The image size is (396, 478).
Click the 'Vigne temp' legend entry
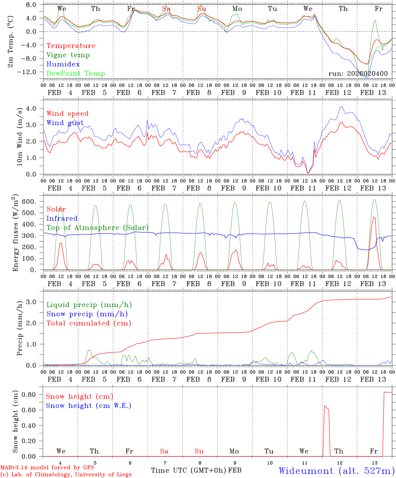click(68, 55)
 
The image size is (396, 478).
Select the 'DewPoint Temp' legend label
click(76, 74)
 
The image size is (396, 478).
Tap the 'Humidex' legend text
click(63, 64)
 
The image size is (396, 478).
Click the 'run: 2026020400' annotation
click(358, 74)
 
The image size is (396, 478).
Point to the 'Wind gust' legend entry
click(65, 123)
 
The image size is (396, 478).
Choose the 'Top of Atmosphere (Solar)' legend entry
click(98, 228)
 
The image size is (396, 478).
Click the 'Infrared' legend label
click(62, 218)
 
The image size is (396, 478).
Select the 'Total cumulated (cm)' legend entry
click(89, 323)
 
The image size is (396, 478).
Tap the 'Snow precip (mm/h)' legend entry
click(87, 314)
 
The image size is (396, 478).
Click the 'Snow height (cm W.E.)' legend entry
click(89, 406)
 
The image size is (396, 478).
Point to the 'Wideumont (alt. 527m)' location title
click(337, 471)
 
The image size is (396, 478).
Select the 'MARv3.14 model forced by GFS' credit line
click(47, 468)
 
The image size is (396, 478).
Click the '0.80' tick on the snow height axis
click(29, 395)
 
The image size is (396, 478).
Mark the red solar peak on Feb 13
click(374, 217)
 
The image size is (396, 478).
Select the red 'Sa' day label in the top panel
click(166, 9)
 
